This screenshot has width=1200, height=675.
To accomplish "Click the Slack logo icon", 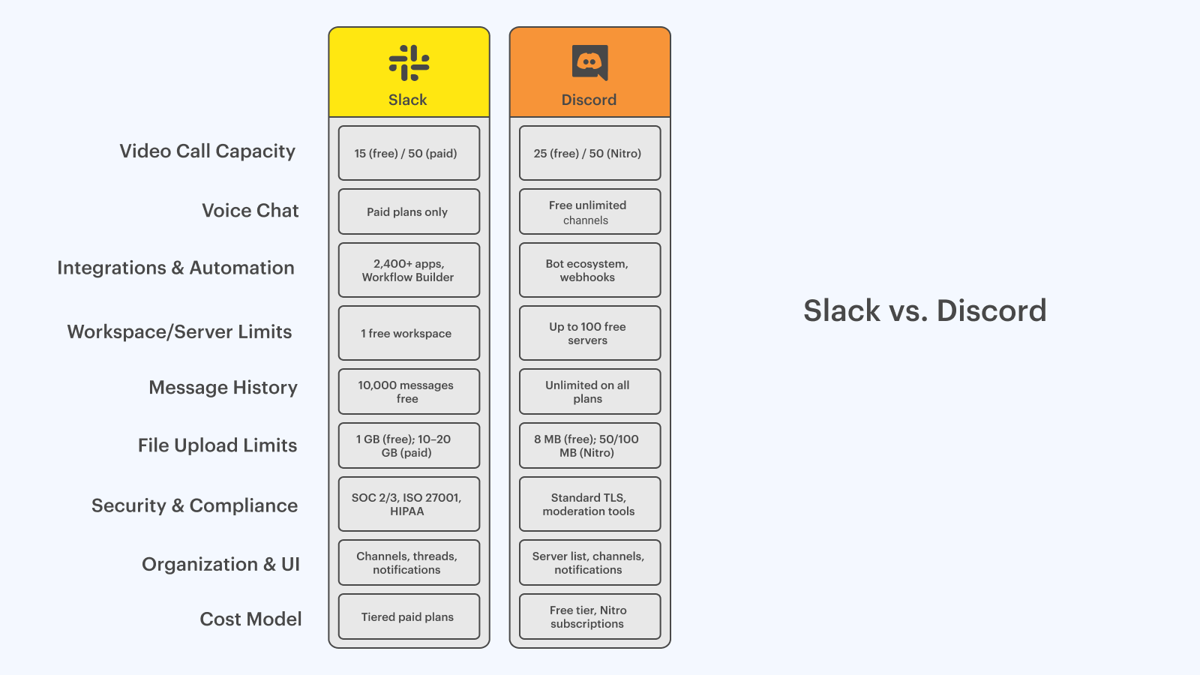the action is point(409,63).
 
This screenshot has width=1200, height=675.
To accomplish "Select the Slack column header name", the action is point(408,100).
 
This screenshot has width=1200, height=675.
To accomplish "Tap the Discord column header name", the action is point(589,100).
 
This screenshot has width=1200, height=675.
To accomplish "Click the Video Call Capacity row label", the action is point(207,151).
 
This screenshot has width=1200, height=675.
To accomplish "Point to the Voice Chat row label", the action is point(250,211).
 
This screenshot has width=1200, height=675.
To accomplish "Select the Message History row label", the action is point(223,387).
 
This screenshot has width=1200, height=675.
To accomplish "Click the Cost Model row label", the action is point(250,619).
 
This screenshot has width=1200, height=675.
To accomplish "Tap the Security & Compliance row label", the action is point(194,505).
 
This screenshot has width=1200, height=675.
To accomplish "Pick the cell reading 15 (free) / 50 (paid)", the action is point(409,153).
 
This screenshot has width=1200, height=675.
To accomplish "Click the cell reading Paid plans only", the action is point(409,211).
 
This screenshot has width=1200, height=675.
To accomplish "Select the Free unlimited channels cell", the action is point(589,211).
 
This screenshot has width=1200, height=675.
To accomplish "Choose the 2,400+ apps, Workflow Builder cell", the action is point(409,270).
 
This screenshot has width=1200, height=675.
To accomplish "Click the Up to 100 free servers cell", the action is point(589,333).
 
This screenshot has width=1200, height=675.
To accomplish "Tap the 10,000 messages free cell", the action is point(409,391).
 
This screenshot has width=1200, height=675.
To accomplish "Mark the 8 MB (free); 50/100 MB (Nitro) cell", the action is point(589,445).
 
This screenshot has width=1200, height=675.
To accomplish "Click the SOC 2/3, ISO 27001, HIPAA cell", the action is point(409,504).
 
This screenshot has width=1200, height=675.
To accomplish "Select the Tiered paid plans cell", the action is point(409,616).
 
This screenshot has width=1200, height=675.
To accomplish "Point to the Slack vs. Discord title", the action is point(925,310).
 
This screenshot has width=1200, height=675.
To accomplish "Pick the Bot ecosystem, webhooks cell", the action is point(589,270).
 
